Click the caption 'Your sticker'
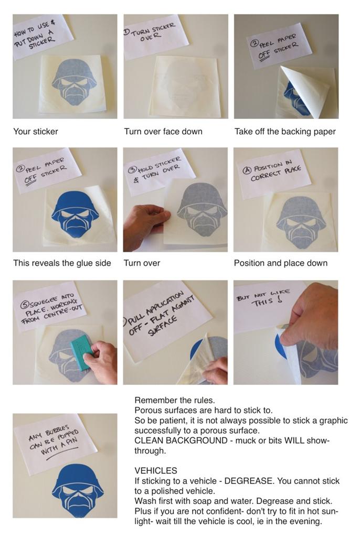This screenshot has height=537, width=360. click(36, 132)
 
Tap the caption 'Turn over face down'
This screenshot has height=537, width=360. click(163, 132)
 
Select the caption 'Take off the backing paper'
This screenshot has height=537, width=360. click(285, 132)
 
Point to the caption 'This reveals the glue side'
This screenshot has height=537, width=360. click(62, 263)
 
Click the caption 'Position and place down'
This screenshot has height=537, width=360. click(280, 263)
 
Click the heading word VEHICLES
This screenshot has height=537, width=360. click(156, 470)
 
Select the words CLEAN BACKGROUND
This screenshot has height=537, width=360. click(181, 441)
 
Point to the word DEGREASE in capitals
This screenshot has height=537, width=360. click(249, 481)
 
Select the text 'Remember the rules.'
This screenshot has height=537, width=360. click(175, 400)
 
